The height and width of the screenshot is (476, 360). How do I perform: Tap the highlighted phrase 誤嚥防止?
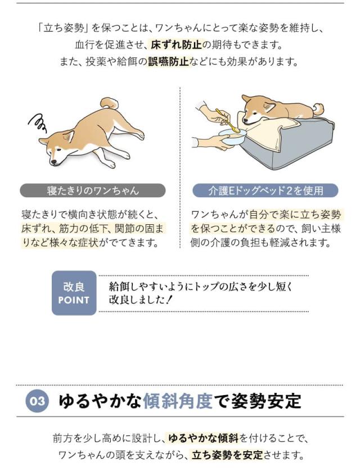click(x=168, y=61)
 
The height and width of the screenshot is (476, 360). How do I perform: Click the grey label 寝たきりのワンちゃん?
click(x=93, y=190)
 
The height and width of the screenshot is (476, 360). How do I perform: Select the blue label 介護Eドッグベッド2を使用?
click(x=265, y=190)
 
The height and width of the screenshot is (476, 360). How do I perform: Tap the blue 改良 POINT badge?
click(x=74, y=293)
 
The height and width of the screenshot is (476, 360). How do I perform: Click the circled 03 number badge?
click(x=37, y=401)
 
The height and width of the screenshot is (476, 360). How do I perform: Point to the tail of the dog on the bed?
click(x=318, y=108)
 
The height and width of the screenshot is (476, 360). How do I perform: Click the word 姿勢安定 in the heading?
click(x=264, y=401)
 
